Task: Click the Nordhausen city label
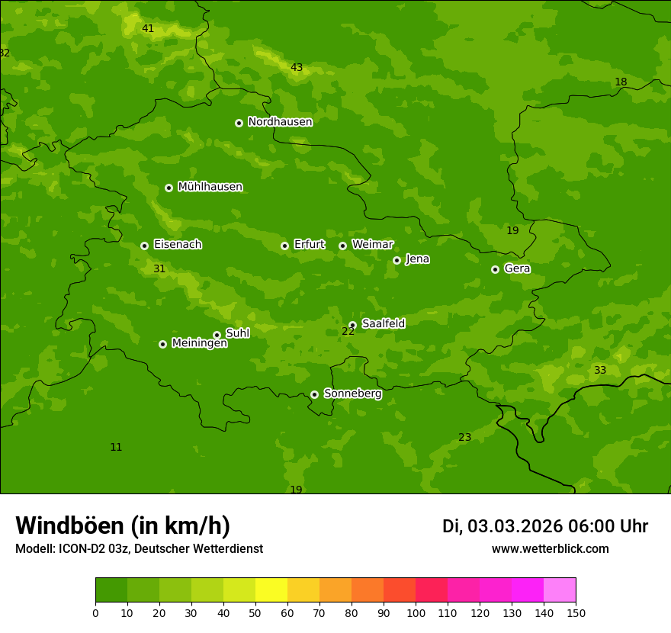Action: point(280,122)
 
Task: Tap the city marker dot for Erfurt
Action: point(284,246)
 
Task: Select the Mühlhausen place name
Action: point(210,187)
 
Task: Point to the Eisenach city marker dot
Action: point(144,246)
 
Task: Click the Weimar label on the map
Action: point(372,245)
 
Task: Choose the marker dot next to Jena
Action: point(396,260)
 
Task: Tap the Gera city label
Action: point(517,268)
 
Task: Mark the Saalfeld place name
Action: point(383,324)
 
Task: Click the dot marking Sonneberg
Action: point(314,394)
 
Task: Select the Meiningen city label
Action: point(199,343)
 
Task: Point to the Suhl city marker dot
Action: point(217,335)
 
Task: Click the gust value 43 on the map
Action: point(297,68)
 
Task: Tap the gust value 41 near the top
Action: point(148,29)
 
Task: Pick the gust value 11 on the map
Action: point(116,448)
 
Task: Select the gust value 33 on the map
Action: point(600,371)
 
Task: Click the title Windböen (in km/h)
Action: point(123,525)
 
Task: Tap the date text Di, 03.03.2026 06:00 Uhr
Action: point(544,526)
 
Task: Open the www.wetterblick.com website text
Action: point(550,549)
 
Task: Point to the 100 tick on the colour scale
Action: point(416,612)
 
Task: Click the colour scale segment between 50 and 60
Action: point(271,590)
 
